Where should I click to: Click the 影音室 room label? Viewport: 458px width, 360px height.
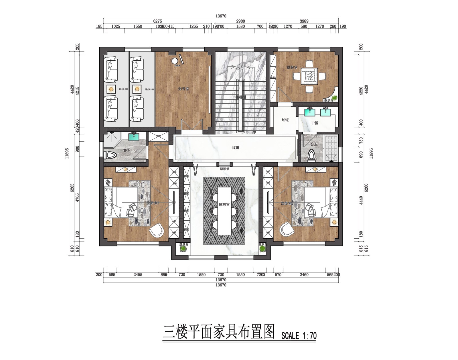[183, 89]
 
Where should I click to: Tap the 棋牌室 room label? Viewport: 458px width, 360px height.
[292, 68]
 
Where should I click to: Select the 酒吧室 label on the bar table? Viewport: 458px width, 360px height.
[224, 205]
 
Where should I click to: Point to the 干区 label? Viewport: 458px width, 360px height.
[315, 123]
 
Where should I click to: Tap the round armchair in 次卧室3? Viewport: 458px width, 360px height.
[157, 230]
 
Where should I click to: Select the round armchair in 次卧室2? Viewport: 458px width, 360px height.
[287, 229]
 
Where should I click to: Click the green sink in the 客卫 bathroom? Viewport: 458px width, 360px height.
[134, 137]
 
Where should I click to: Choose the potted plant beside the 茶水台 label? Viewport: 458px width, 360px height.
[334, 97]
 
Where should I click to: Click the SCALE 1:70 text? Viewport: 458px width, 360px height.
[299, 336]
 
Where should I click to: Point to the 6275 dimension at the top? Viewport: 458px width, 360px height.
[158, 21]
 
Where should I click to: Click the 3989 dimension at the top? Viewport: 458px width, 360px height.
[304, 21]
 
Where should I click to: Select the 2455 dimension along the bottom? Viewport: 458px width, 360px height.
[138, 275]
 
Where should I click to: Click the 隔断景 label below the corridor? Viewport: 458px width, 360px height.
[224, 169]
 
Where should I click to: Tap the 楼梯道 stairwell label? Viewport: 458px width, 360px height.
[241, 97]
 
